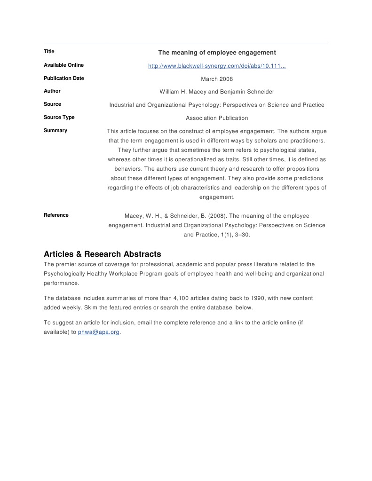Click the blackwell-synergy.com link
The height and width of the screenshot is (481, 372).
(217, 66)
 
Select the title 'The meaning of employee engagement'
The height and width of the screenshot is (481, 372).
(217, 52)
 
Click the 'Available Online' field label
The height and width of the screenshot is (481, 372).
(63, 65)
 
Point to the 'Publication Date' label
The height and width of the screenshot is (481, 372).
(64, 78)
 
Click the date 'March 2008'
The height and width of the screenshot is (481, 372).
(217, 79)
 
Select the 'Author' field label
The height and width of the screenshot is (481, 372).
(52, 91)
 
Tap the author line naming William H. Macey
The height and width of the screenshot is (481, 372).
(217, 92)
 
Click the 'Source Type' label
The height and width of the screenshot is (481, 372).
(59, 117)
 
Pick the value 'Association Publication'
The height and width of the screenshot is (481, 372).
(217, 118)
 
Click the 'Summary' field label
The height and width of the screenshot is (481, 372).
(55, 130)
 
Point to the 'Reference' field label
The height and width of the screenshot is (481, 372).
(56, 215)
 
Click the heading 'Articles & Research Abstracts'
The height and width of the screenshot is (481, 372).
(103, 254)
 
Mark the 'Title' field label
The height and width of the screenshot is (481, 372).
(49, 51)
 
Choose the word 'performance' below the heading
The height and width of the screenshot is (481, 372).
(61, 283)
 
